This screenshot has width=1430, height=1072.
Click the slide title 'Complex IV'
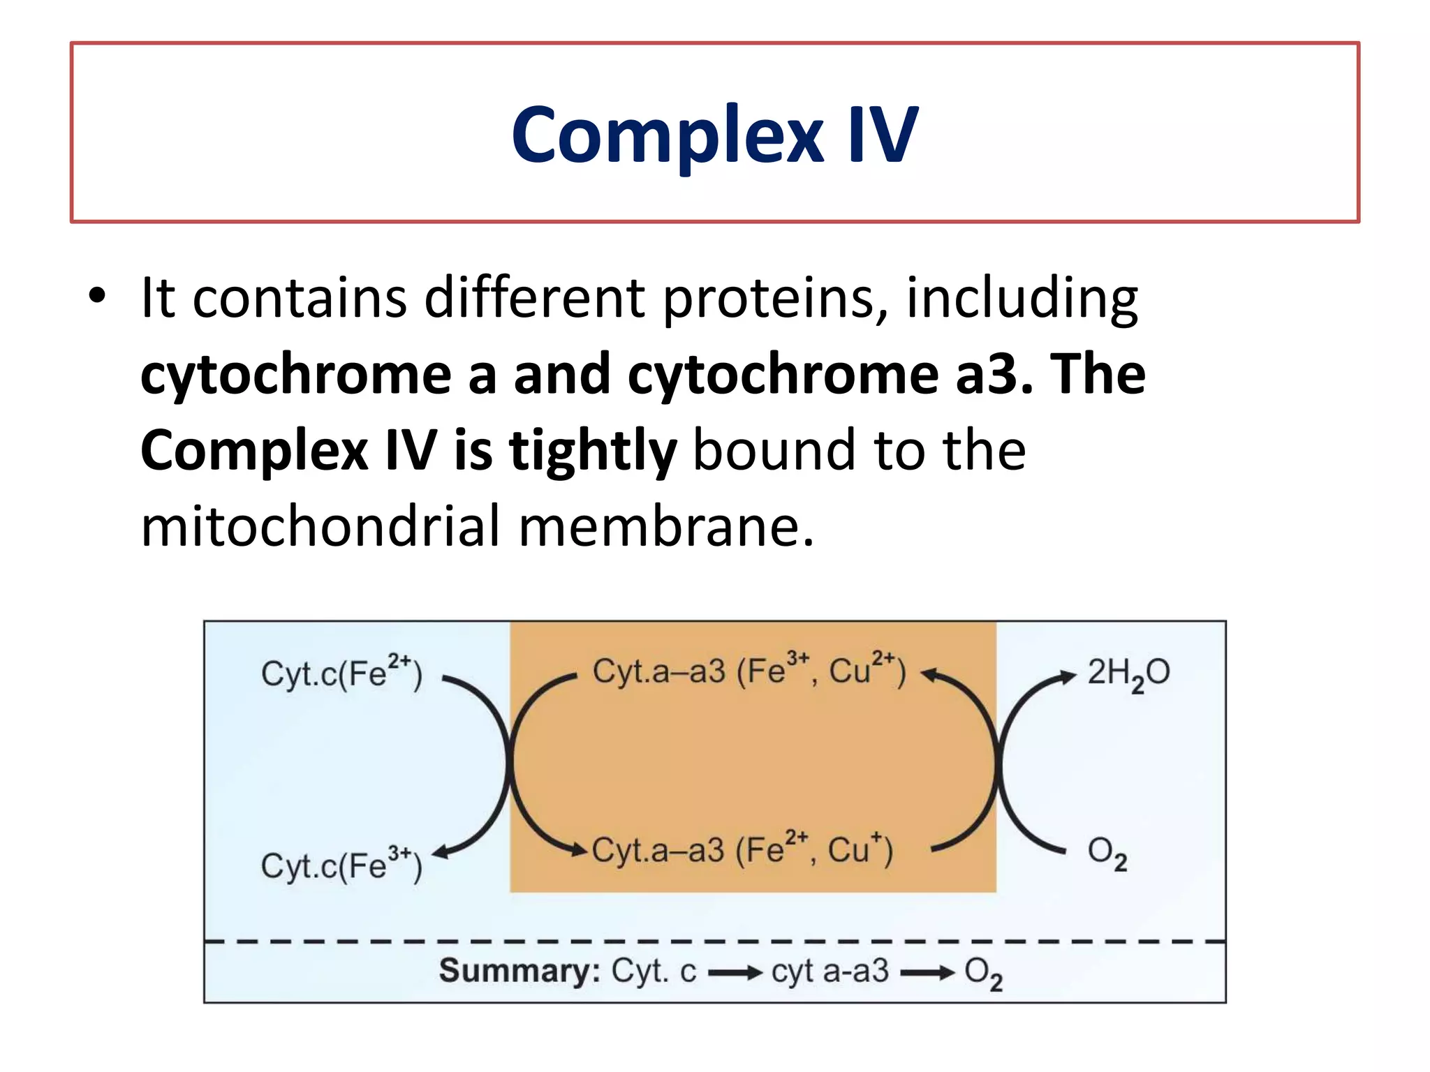pyautogui.click(x=714, y=135)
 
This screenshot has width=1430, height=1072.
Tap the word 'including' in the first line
pyautogui.click(x=1022, y=299)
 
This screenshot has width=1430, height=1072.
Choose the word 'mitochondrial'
pyautogui.click(x=320, y=526)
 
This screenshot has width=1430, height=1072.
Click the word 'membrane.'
pyautogui.click(x=667, y=526)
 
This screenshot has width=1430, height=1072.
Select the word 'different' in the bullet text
pyautogui.click(x=534, y=299)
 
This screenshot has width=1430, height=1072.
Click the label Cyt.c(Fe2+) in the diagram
pyautogui.click(x=341, y=673)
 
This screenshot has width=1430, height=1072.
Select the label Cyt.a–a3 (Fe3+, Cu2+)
pyautogui.click(x=749, y=671)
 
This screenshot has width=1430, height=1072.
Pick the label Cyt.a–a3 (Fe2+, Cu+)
pyautogui.click(x=742, y=849)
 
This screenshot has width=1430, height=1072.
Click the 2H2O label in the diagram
pyautogui.click(x=1128, y=673)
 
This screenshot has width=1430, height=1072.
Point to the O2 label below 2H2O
pyautogui.click(x=1107, y=853)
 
